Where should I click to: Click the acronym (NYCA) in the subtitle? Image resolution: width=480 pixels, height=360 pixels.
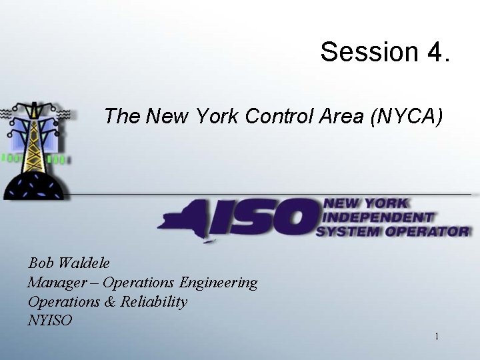click(407, 117)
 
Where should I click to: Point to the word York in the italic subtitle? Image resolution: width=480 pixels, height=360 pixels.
click(218, 117)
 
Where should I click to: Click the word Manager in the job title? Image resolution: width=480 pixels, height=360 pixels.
click(53, 283)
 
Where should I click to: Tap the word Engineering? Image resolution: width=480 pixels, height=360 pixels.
click(219, 283)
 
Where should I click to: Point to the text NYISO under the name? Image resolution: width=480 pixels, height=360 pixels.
click(50, 321)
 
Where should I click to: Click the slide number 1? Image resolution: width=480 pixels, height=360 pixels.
click(437, 337)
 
